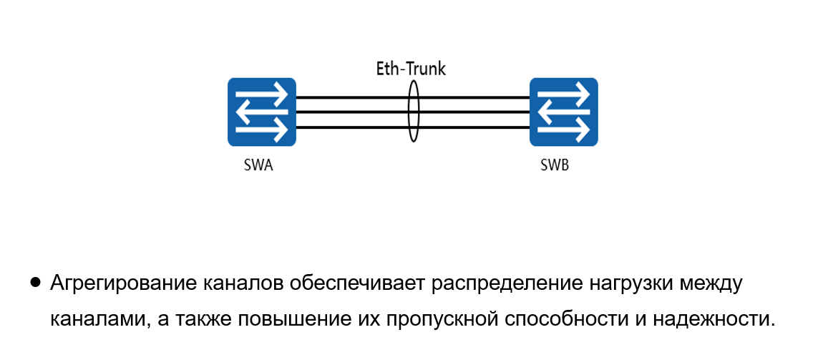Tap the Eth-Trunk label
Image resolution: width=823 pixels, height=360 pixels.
(411, 69)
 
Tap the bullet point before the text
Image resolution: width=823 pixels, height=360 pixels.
(35, 283)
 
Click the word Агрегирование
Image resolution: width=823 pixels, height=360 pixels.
(112, 283)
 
